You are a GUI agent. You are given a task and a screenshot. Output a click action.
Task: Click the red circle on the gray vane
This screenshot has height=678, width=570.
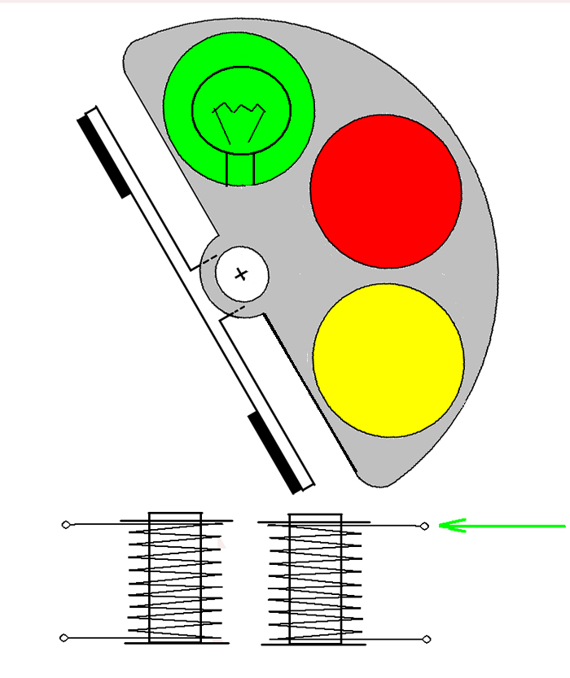[385, 190]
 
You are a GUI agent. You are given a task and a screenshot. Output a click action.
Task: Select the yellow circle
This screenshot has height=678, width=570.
[388, 360]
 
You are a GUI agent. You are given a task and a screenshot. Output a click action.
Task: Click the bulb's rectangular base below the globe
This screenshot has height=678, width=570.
[240, 168]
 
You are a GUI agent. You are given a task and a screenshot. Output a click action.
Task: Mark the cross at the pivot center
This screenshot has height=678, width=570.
[241, 274]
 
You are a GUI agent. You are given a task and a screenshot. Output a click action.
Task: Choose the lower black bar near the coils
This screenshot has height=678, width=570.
[274, 453]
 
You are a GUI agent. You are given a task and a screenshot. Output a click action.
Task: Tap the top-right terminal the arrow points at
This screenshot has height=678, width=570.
[424, 526]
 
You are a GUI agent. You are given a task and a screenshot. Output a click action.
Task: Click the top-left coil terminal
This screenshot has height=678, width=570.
[66, 525]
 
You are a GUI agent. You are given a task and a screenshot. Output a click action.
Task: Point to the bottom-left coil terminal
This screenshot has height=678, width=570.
[65, 637]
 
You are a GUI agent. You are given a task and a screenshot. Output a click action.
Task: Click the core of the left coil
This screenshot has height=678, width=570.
[174, 578]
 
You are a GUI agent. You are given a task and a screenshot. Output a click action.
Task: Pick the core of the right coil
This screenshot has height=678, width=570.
[315, 578]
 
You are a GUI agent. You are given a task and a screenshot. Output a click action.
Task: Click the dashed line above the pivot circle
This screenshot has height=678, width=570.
[209, 257]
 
